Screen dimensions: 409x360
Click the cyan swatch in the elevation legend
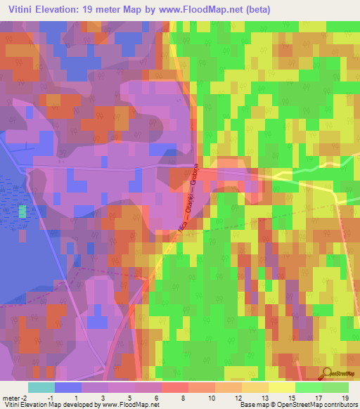pyautogui.click(x=41, y=387)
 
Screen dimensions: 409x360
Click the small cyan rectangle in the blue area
pyautogui.click(x=22, y=211)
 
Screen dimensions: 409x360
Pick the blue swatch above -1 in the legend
pyautogui.click(x=68, y=387)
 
